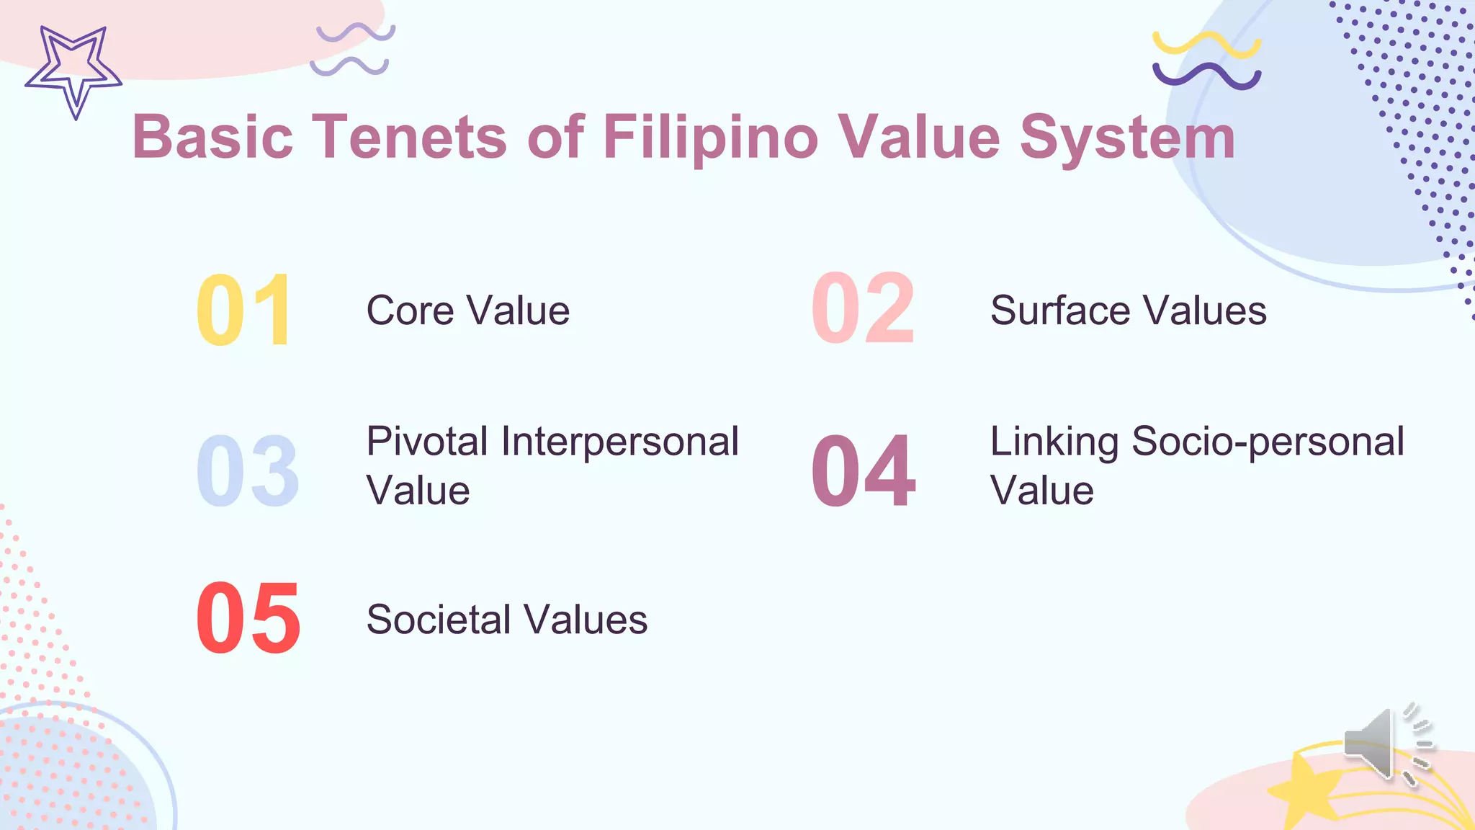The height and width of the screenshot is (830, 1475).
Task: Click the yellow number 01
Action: (243, 311)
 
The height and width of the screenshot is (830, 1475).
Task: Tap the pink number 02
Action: (863, 308)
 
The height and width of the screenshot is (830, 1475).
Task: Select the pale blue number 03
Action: (247, 471)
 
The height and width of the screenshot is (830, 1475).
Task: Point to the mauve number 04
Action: (863, 471)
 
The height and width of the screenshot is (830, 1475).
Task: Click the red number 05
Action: (248, 619)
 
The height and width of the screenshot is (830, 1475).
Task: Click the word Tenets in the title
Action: (409, 136)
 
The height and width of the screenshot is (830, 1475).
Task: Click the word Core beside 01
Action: (410, 311)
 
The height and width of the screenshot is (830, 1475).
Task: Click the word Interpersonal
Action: (619, 441)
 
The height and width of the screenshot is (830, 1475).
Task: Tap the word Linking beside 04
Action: (1054, 441)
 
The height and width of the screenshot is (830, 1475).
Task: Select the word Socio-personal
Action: (1268, 441)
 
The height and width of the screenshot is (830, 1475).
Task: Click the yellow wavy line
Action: (1206, 43)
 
